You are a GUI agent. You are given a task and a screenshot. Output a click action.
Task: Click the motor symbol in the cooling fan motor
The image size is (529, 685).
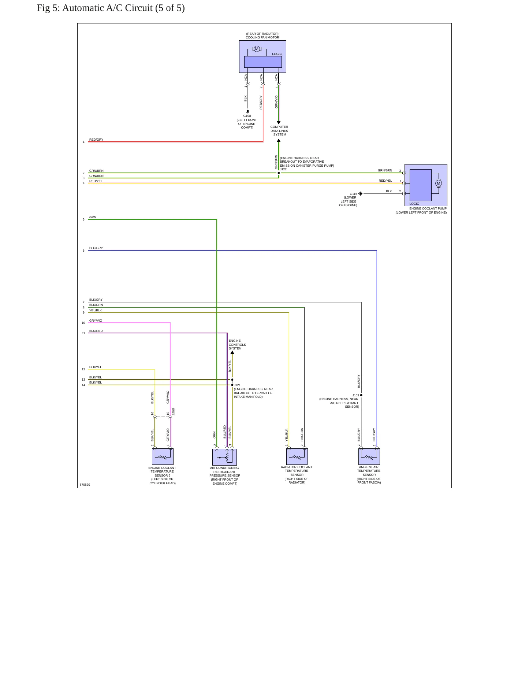pyautogui.click(x=257, y=49)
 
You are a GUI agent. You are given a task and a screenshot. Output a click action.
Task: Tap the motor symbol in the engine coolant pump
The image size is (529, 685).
pyautogui.click(x=438, y=183)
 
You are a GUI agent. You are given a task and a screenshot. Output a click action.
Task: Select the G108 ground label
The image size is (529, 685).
pyautogui.click(x=247, y=116)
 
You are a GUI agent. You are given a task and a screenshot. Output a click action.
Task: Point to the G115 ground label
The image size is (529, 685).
pyautogui.click(x=353, y=194)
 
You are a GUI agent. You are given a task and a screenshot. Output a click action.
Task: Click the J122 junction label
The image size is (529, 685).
pyautogui.click(x=283, y=169)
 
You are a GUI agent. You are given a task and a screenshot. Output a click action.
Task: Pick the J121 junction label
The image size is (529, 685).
pyautogui.click(x=237, y=385)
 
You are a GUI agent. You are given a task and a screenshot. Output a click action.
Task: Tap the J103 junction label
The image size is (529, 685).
pyautogui.click(x=355, y=395)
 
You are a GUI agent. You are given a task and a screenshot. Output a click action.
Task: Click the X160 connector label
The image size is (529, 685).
pyautogui.click(x=173, y=412)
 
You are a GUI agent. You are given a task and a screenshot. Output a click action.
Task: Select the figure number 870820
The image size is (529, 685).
pyautogui.click(x=85, y=485)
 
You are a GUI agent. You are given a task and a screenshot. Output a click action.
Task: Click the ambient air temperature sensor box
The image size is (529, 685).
pyautogui.click(x=369, y=456)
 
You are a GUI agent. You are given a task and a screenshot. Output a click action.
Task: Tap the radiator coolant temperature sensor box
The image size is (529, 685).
pyautogui.click(x=297, y=456)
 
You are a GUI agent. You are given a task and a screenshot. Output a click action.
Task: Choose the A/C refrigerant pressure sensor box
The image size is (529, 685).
pyautogui.click(x=224, y=457)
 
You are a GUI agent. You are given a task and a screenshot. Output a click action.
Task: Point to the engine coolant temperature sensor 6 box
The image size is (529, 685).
pyautogui.click(x=163, y=456)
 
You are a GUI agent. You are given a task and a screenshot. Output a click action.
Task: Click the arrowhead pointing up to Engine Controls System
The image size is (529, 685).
pyautogui.click(x=232, y=352)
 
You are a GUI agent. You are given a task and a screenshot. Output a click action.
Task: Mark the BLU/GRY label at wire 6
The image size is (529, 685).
pyautogui.click(x=96, y=248)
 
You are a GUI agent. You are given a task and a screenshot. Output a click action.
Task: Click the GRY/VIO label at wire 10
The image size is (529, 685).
pyautogui.click(x=96, y=321)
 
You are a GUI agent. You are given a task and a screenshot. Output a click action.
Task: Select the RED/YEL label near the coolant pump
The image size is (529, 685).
pyautogui.click(x=385, y=181)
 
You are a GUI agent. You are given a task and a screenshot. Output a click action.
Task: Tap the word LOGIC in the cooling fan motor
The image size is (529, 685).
pyautogui.click(x=277, y=54)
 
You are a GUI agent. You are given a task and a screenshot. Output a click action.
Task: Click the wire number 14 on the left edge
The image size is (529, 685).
pyautogui.click(x=83, y=385)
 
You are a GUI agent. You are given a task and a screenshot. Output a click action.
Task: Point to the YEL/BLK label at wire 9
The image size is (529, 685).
pyautogui.click(x=96, y=310)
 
